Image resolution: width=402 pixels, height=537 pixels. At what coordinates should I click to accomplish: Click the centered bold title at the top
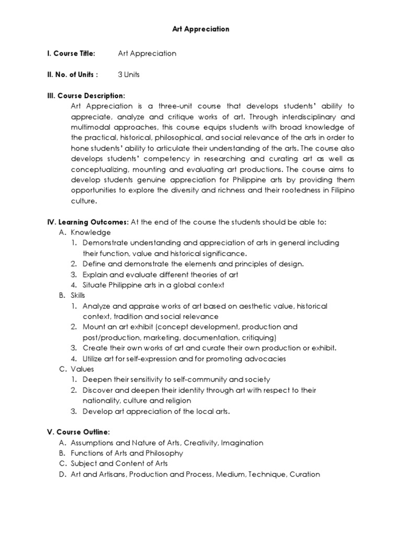pyautogui.click(x=201, y=29)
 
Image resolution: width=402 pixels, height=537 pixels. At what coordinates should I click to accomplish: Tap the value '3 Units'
pyautogui.click(x=129, y=74)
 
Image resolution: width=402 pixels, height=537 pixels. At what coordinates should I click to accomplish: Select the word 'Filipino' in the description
pyautogui.click(x=341, y=190)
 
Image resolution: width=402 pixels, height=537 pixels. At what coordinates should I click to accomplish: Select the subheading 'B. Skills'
pyautogui.click(x=72, y=295)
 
